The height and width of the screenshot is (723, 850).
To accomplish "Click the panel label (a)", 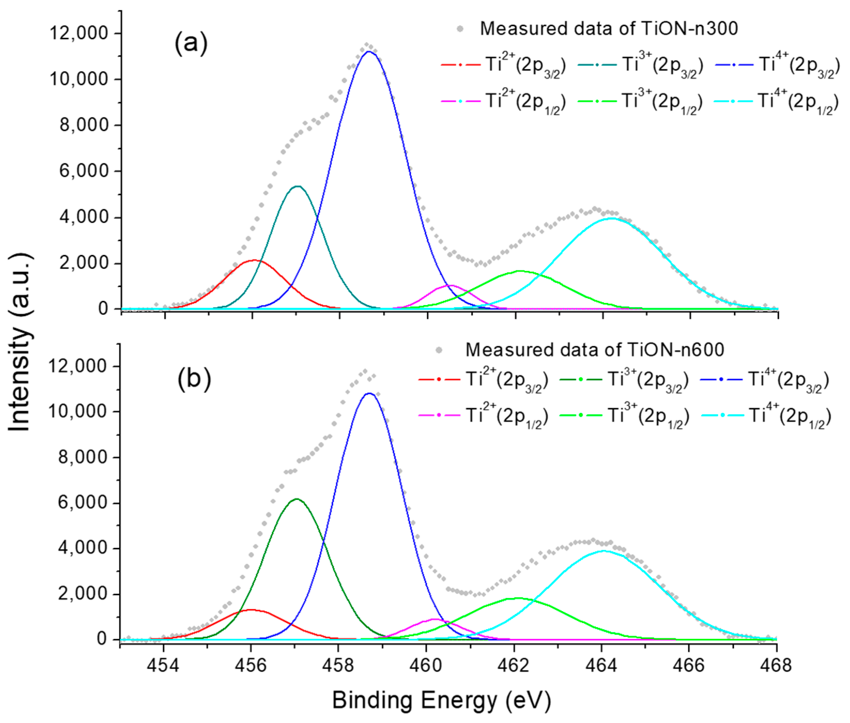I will pyautogui.click(x=191, y=43).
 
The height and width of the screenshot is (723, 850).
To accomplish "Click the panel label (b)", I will pyautogui.click(x=194, y=379).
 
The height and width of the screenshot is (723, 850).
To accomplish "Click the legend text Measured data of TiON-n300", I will pyautogui.click(x=609, y=29).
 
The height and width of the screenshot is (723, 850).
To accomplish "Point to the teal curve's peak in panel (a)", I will pyautogui.click(x=298, y=186).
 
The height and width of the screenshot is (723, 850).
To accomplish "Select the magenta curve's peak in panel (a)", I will pyautogui.click(x=451, y=285).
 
